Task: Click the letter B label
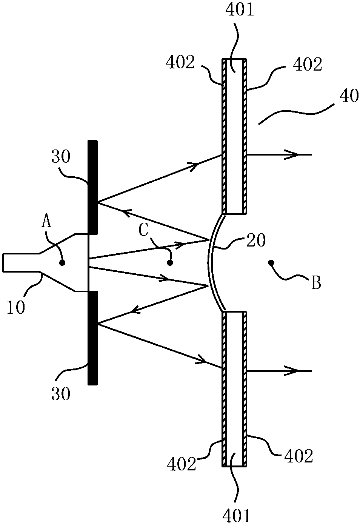(316, 283)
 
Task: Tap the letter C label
(144, 231)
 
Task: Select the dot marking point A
(62, 263)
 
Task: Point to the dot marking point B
(271, 262)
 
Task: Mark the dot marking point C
(170, 262)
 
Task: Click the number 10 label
(15, 307)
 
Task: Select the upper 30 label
(61, 157)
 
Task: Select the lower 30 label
(61, 394)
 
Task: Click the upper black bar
(92, 187)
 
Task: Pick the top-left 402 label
(180, 63)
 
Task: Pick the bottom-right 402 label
(299, 457)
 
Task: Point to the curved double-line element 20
(211, 262)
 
